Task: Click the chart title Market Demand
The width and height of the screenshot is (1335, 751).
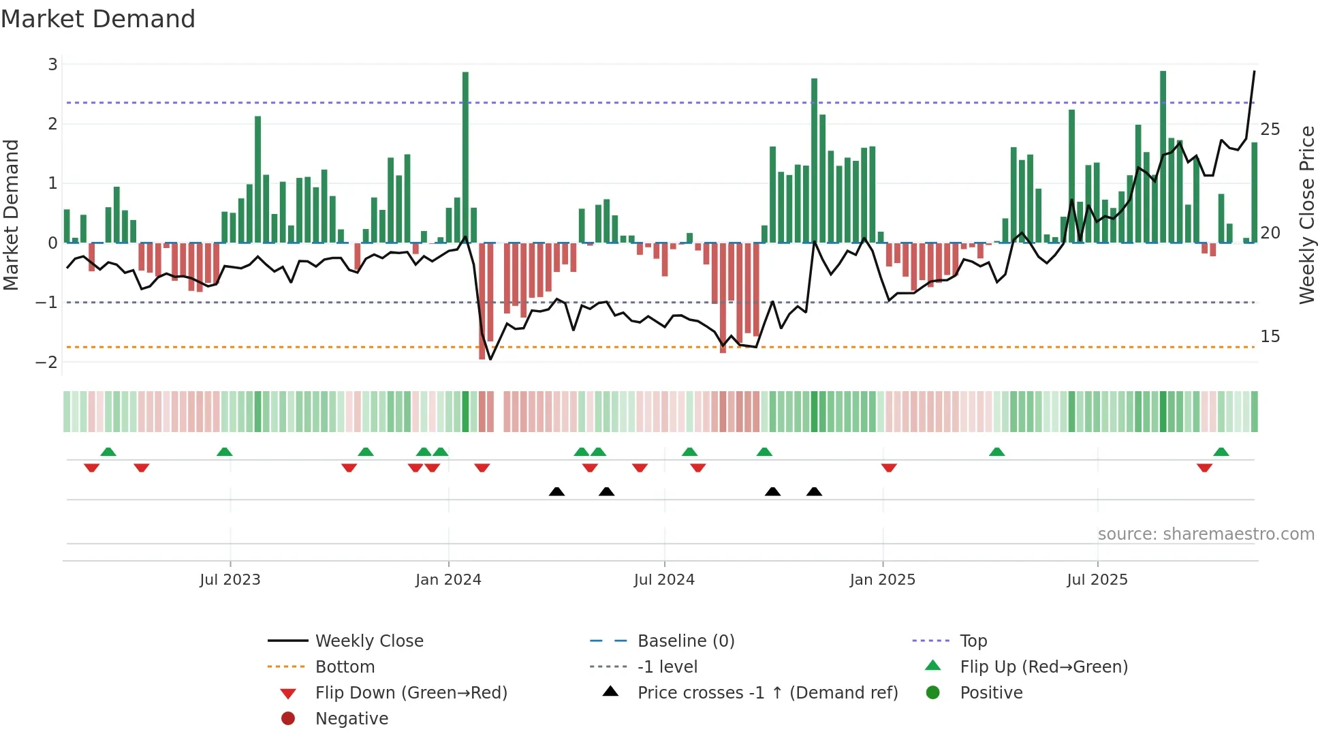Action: (98, 19)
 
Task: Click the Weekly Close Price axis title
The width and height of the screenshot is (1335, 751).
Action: (1306, 215)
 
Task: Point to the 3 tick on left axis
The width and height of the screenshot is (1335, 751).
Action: (52, 65)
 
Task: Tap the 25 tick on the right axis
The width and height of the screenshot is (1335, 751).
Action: (1270, 129)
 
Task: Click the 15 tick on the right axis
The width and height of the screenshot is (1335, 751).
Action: (1270, 337)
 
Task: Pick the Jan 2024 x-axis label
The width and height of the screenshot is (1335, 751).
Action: (448, 580)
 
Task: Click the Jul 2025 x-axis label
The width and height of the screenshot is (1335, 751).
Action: (1097, 580)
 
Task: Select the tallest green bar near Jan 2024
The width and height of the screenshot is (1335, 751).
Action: (465, 157)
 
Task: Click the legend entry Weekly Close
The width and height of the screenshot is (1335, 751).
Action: (368, 641)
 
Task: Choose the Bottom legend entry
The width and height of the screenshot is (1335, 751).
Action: (345, 667)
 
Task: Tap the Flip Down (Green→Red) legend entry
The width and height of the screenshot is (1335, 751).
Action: (411, 693)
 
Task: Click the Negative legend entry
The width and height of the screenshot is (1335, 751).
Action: (351, 719)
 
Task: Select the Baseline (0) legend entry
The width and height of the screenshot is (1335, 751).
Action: (685, 641)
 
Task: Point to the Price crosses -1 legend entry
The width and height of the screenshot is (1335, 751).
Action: (767, 693)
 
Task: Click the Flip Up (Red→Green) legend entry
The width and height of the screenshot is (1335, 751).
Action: (1043, 667)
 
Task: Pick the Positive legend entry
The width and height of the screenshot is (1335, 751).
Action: (991, 693)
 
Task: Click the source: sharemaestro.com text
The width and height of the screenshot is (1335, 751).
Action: (1206, 534)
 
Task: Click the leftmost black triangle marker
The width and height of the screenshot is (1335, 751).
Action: (556, 491)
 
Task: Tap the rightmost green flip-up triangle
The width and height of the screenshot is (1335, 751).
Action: (1221, 452)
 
